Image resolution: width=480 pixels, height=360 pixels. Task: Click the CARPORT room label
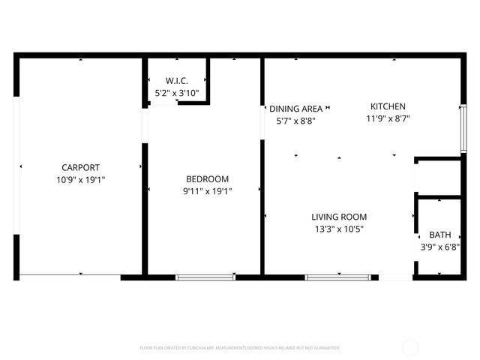coord(80,167)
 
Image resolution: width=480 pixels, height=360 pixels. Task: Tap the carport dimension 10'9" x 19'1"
coord(80,179)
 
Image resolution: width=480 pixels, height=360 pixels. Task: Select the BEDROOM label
coord(207,178)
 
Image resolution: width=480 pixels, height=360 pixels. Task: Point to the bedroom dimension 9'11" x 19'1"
coord(207,191)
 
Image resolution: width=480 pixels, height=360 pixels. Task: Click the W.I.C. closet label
coord(176,81)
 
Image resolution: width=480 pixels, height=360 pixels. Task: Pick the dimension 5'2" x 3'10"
coord(176,93)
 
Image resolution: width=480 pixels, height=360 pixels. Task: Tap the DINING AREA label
coord(295,109)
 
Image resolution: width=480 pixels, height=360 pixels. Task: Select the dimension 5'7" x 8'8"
coord(295,121)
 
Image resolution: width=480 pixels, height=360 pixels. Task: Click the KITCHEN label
coord(388,106)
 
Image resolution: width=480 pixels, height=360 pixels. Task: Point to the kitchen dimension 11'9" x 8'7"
coord(388,118)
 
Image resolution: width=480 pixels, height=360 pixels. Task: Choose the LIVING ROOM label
coord(338,217)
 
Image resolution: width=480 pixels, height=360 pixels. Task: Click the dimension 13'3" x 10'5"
coord(338,229)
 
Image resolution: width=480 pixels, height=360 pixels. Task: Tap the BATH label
coord(439,234)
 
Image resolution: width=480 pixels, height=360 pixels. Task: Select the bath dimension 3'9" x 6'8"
coord(439,246)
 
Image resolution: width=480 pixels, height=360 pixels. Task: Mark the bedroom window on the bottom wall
coord(205,277)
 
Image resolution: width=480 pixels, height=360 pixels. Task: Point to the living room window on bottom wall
coord(337,277)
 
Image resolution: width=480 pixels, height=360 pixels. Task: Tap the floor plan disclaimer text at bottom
coord(240,348)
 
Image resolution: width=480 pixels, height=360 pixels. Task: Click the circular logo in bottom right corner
coord(410,347)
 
